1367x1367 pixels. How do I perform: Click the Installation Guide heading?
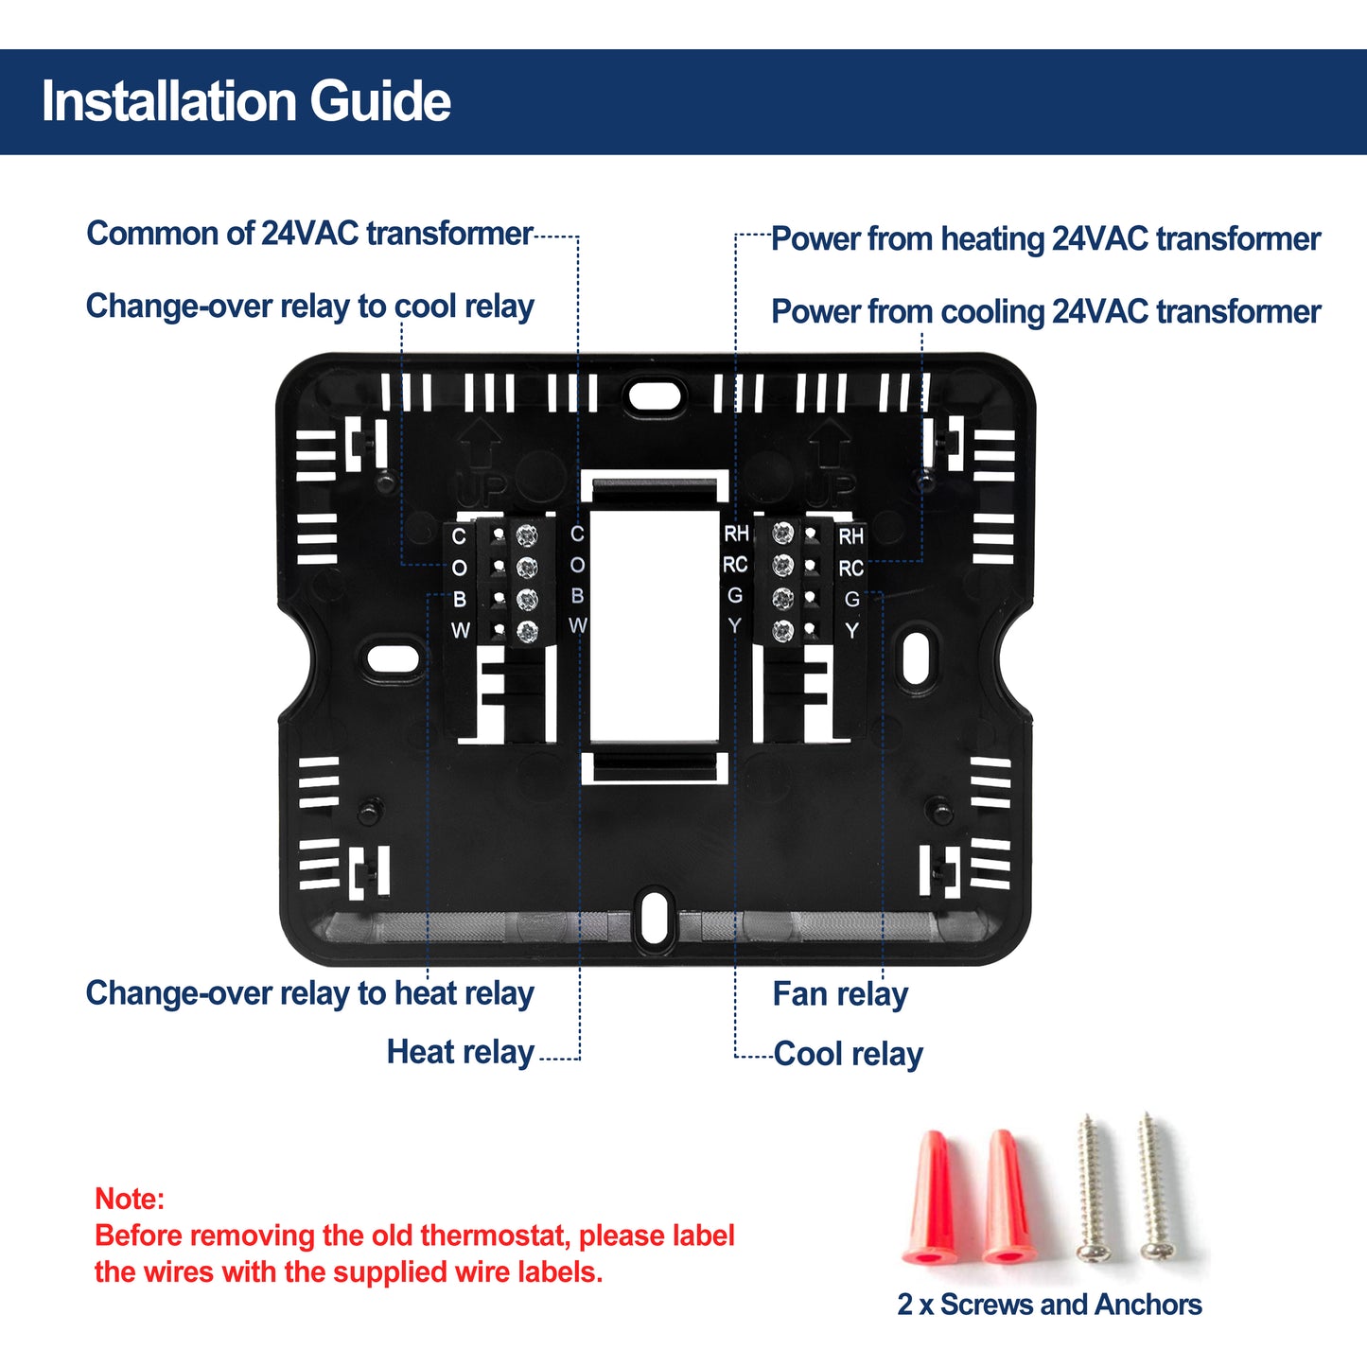click(x=246, y=102)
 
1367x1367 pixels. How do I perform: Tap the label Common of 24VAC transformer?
click(x=309, y=234)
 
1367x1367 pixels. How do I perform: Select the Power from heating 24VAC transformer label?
click(x=1045, y=239)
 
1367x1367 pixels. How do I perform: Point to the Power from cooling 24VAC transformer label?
click(x=1045, y=312)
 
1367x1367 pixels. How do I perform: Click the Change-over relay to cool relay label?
click(x=309, y=307)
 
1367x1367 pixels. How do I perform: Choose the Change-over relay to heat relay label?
click(x=309, y=993)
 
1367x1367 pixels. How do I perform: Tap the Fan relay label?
click(x=840, y=994)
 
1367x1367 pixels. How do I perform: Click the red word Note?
click(x=130, y=1200)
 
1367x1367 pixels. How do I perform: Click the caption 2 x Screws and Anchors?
click(x=1049, y=1305)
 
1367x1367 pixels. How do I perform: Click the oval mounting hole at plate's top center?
click(x=655, y=394)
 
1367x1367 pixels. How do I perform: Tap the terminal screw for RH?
click(x=782, y=534)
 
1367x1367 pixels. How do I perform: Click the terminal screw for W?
click(x=527, y=631)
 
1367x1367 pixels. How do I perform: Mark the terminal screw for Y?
click(x=782, y=631)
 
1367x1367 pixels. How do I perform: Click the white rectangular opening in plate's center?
click(x=654, y=626)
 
